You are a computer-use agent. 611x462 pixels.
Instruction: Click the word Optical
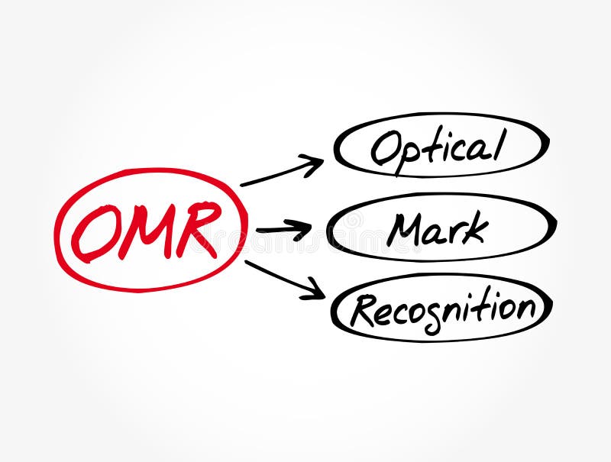438,147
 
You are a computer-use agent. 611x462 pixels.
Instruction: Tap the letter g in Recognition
431,318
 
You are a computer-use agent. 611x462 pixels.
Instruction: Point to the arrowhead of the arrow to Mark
304,228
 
